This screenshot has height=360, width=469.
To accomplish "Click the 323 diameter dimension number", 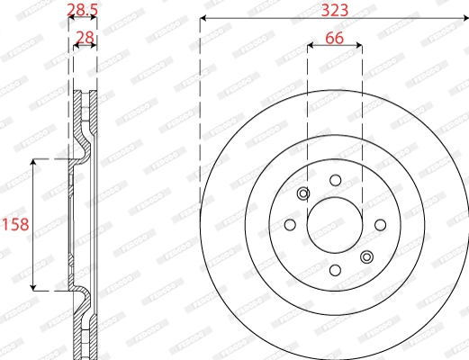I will [334, 9].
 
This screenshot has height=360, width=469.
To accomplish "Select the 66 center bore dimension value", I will [335, 38].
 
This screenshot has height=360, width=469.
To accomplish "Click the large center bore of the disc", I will [335, 225].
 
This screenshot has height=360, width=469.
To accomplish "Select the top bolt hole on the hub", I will [335, 180].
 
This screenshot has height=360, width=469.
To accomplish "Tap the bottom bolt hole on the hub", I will [335, 270].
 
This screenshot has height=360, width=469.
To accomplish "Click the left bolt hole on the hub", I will [290, 225].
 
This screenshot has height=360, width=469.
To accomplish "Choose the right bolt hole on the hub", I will [379, 225].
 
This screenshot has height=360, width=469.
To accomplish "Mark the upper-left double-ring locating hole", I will [303, 193].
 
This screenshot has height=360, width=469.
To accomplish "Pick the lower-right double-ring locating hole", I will [366, 257].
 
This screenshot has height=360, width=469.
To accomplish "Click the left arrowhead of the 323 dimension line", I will [203, 18].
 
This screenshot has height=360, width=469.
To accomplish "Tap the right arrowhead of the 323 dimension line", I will [464, 18].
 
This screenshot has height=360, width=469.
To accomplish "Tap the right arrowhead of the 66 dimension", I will [360, 48].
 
